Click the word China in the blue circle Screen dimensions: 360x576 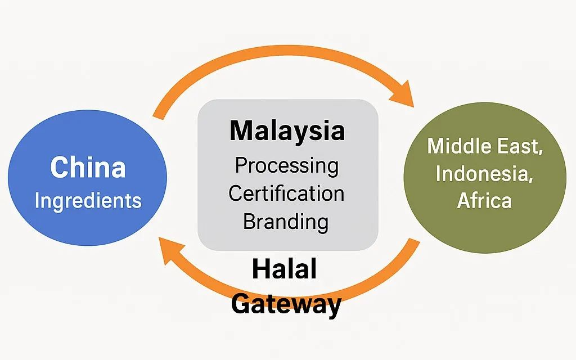coord(88,168)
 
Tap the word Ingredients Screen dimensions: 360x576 coord(88,200)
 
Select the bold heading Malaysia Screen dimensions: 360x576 coord(287,131)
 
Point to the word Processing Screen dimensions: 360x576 coord(287,166)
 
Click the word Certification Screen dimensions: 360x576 coord(287,193)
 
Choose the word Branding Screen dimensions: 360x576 coord(286,221)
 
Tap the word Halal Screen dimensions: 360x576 coord(284,270)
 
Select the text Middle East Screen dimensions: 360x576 coord(485,146)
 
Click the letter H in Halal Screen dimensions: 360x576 coord(260,270)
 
